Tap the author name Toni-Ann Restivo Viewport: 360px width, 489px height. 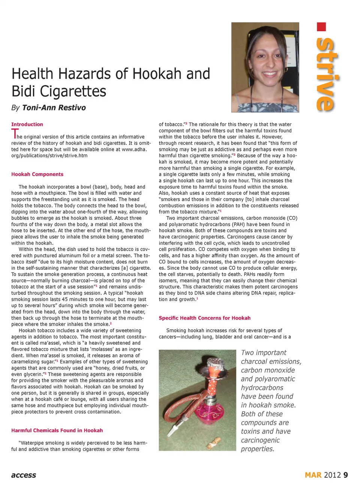(x=54, y=108)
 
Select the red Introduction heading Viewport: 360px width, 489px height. (x=27, y=124)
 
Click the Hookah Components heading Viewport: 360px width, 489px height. (x=37, y=174)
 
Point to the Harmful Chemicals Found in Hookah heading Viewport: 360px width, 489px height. (x=57, y=431)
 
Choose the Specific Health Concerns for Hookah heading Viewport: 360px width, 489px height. (x=204, y=318)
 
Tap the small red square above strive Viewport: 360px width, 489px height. (x=321, y=27)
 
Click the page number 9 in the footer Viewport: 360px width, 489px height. (x=345, y=475)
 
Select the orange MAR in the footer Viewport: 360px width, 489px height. (x=313, y=475)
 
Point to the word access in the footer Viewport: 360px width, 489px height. (x=24, y=475)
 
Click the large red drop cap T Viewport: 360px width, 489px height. (x=15, y=134)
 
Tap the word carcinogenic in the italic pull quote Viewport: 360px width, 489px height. (x=260, y=440)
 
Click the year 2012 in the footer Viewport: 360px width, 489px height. (x=332, y=475)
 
